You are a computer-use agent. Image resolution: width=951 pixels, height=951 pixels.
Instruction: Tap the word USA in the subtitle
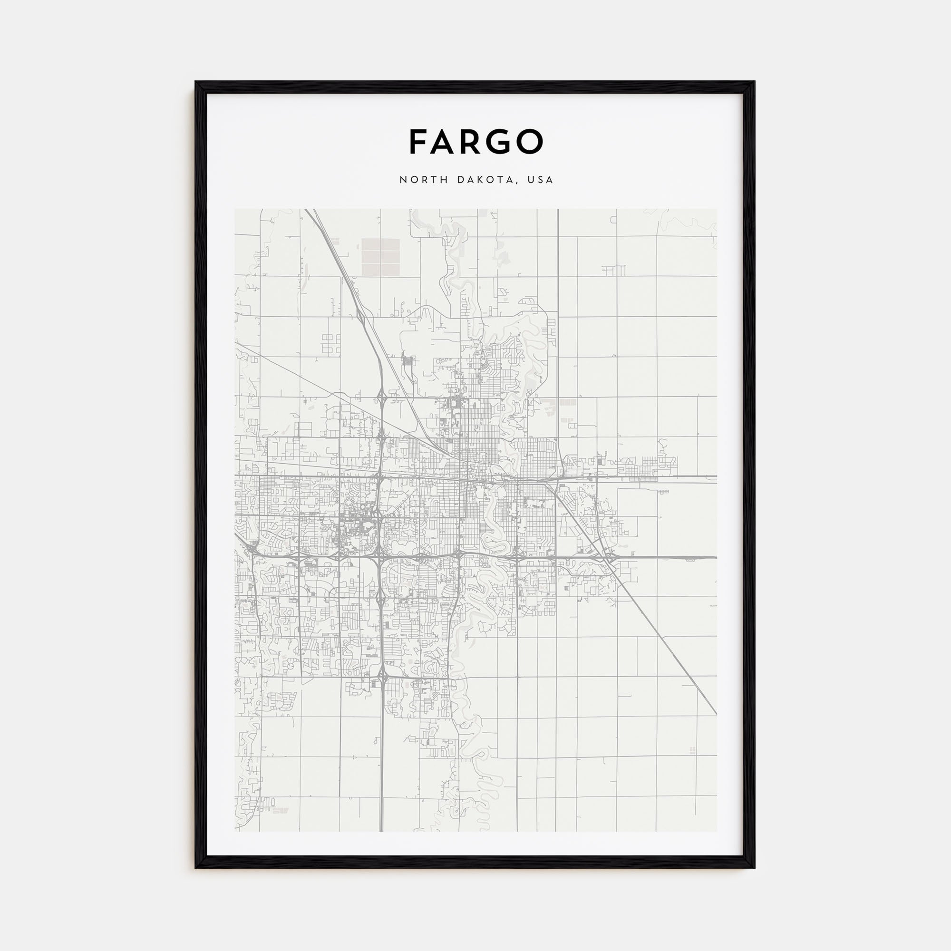[x=540, y=180]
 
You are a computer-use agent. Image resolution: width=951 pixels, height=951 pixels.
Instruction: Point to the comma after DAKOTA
[x=517, y=183]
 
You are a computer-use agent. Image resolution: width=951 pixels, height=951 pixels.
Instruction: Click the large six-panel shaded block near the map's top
[x=380, y=256]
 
